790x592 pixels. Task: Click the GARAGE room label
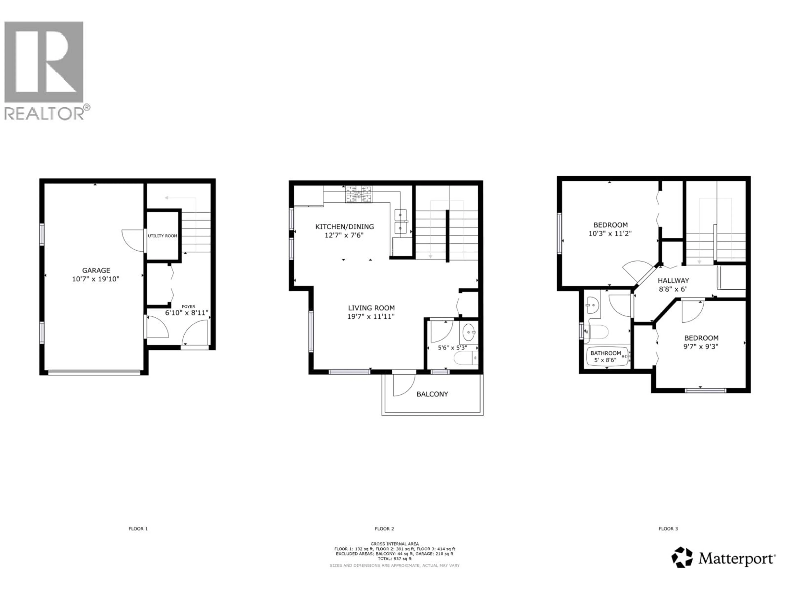pyautogui.click(x=96, y=271)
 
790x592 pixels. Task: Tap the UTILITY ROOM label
pyautogui.click(x=163, y=236)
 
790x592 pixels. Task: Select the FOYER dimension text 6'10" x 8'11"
pyautogui.click(x=186, y=313)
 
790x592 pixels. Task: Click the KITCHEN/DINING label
pyautogui.click(x=345, y=227)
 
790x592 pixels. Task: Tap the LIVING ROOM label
pyautogui.click(x=371, y=308)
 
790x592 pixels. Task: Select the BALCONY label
pyautogui.click(x=432, y=394)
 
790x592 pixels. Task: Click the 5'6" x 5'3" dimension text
pyautogui.click(x=452, y=347)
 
